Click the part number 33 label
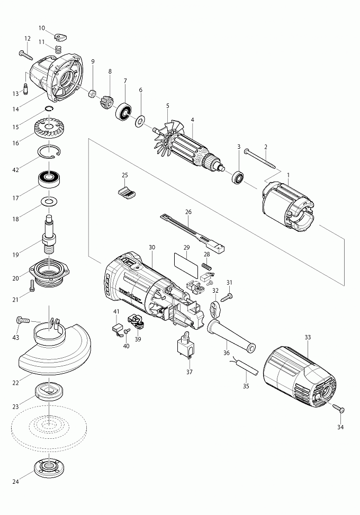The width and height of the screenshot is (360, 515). [x=308, y=337]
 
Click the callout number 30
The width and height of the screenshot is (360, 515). [x=152, y=247]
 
